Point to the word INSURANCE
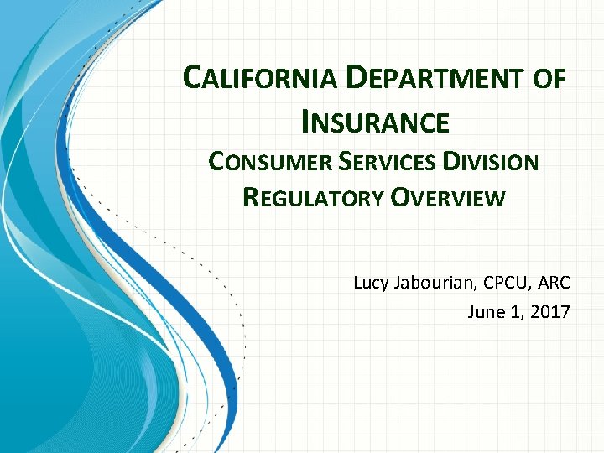click(x=375, y=122)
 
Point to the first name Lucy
click(x=372, y=283)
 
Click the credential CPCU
click(x=505, y=283)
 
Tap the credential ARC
click(x=554, y=283)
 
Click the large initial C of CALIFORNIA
click(x=193, y=81)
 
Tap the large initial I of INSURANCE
click(x=305, y=122)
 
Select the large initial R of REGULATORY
click(x=249, y=198)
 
